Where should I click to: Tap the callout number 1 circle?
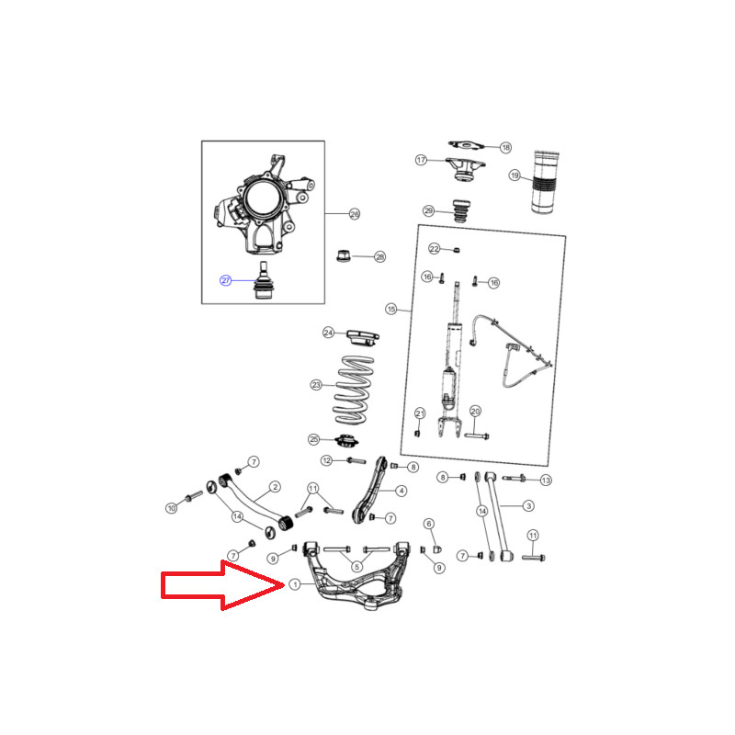point(295,584)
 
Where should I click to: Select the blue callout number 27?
point(226,280)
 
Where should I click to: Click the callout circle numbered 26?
point(355,214)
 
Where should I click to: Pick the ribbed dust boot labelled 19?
point(545,182)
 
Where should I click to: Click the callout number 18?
point(506,148)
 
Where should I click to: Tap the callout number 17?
point(421,160)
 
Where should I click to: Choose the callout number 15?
point(391,309)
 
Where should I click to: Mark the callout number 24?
point(328,333)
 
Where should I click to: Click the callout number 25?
point(313,439)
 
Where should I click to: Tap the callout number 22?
point(435,248)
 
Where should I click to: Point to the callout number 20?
point(475,411)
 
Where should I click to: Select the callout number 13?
point(546,480)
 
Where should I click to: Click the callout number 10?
point(172,508)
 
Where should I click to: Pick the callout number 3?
point(529,506)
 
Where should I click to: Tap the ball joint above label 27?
point(264,280)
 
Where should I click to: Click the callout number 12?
point(327,460)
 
